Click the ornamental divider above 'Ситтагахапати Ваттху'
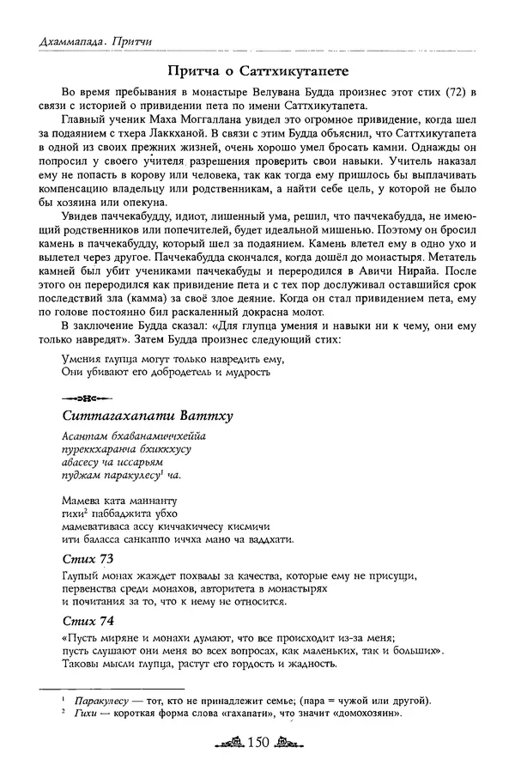(79, 397)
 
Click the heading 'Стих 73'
(88, 560)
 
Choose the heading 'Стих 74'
(88, 620)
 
